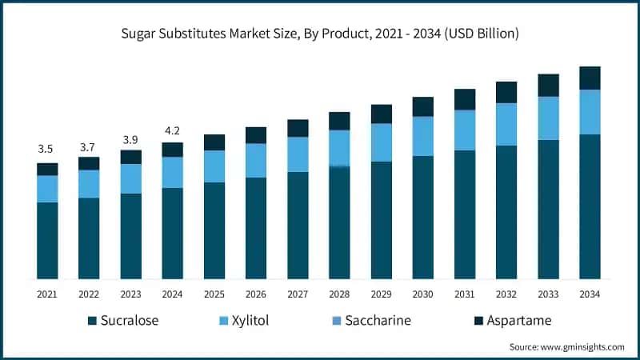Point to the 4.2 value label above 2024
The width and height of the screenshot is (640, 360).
(172, 130)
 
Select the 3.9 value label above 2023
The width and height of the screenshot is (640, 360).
(130, 139)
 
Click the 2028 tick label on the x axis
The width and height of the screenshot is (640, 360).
(339, 294)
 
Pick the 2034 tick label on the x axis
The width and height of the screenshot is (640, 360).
(590, 294)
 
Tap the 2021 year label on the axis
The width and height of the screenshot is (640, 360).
(47, 294)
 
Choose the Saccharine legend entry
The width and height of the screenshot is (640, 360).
(375, 321)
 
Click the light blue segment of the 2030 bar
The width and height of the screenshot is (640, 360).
(423, 136)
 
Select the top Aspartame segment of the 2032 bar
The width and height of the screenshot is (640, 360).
(506, 92)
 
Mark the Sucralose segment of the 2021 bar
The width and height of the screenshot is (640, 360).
(47, 240)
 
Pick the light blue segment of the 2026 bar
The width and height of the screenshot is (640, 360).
(256, 160)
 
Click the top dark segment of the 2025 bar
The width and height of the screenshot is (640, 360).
(214, 142)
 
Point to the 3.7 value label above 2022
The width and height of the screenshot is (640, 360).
(89, 146)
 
